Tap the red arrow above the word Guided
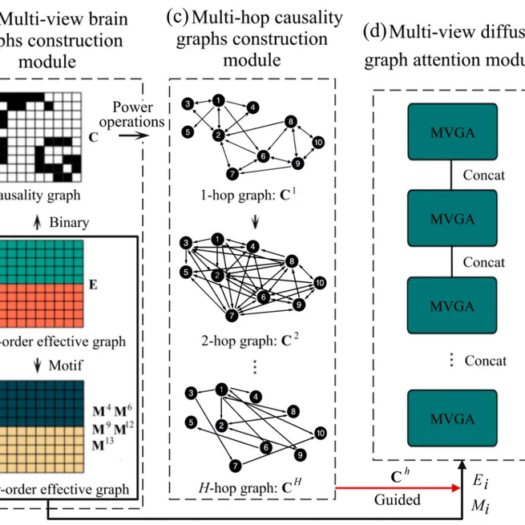[x=396, y=487]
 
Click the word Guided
[x=397, y=499]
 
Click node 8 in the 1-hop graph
[x=291, y=122]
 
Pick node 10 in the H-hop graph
[x=320, y=433]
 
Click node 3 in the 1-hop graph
[x=187, y=104]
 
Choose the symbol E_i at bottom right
[x=479, y=482]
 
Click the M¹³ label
[x=100, y=445]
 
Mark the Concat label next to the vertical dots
[x=485, y=361]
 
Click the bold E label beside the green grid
[x=94, y=284]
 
